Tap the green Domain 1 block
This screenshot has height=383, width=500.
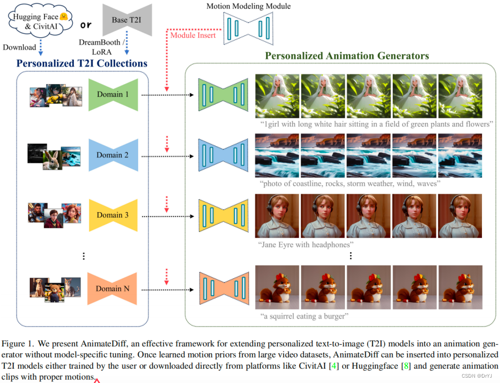point(113,94)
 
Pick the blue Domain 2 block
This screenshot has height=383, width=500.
point(113,155)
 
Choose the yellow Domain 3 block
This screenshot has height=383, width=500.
point(113,215)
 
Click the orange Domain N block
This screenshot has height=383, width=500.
point(113,289)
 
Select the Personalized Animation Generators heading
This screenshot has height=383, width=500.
point(346,55)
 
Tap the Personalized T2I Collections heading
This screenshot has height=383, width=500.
point(82,63)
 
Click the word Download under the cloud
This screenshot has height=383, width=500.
point(20,47)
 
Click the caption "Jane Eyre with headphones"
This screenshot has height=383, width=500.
point(307,245)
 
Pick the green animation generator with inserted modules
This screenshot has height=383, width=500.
point(223,95)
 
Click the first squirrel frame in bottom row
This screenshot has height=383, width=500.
point(277,287)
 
